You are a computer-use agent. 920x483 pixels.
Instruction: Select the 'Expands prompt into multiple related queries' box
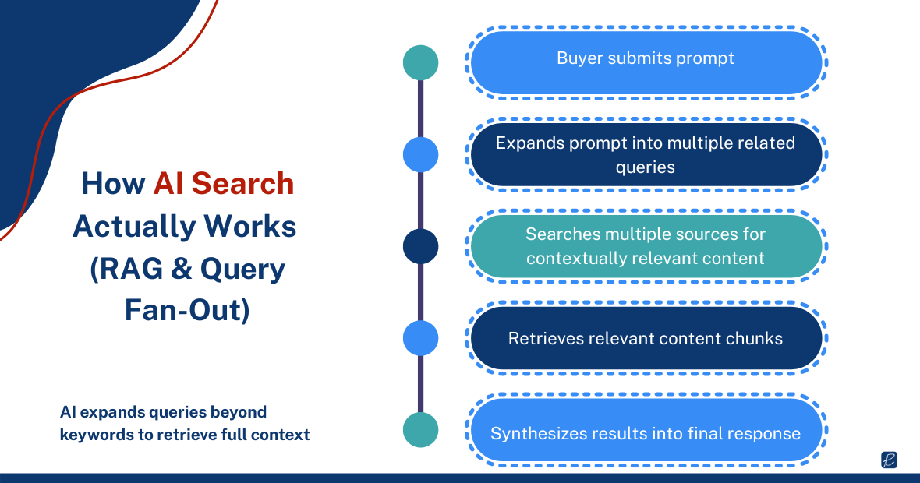point(646,154)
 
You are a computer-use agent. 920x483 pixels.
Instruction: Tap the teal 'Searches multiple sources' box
point(646,246)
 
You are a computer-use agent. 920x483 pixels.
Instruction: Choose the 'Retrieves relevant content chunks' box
point(646,338)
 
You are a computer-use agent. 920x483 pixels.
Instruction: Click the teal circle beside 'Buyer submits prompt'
point(420,62)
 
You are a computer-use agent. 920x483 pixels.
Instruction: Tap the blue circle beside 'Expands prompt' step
point(420,154)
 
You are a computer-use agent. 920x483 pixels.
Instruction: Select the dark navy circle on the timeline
point(420,246)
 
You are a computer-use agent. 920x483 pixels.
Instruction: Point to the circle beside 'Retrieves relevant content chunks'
point(420,338)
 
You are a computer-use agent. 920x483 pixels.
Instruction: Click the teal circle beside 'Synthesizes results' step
point(420,430)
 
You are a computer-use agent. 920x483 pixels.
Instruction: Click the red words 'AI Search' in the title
point(224,184)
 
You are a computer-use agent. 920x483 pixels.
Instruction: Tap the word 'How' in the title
point(113,184)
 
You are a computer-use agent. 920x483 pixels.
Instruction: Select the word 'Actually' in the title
point(134,227)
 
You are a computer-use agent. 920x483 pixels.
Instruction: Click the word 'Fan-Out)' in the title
point(187,311)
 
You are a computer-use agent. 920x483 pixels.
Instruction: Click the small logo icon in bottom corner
point(889,460)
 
